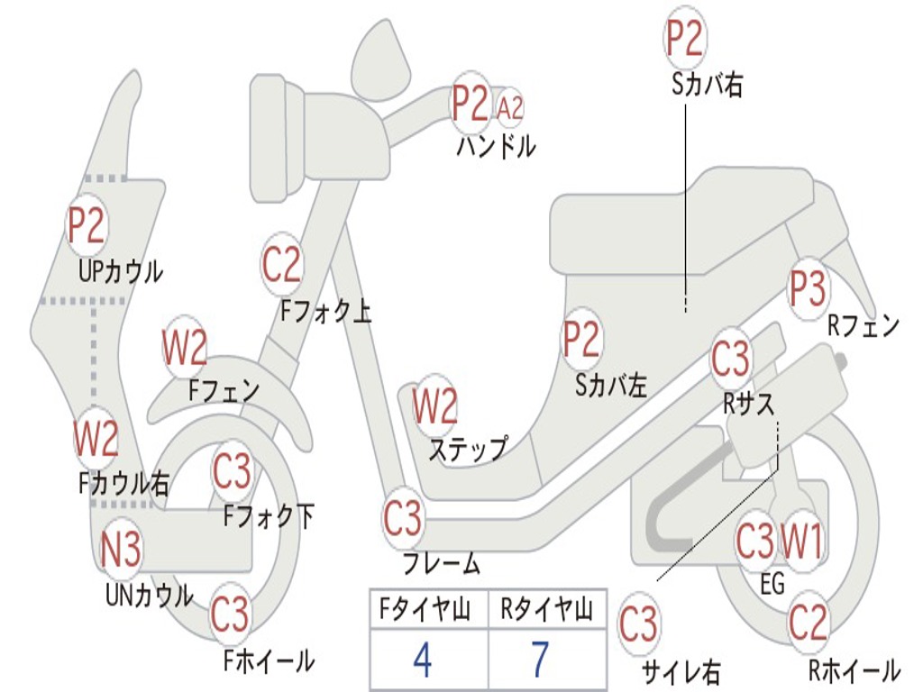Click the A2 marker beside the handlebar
(510, 108)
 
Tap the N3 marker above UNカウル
(121, 549)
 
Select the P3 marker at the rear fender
(808, 288)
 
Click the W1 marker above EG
(801, 541)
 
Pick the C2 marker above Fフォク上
(281, 264)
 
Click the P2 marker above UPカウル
(86, 224)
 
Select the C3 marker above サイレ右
(638, 624)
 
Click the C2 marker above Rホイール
(808, 623)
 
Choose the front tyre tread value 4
(422, 659)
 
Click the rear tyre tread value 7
(540, 659)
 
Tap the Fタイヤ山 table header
(425, 608)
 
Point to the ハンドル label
(497, 146)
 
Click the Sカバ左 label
(611, 385)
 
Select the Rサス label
(749, 404)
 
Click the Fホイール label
(269, 660)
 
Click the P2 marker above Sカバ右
(684, 38)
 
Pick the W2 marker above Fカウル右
(96, 439)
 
